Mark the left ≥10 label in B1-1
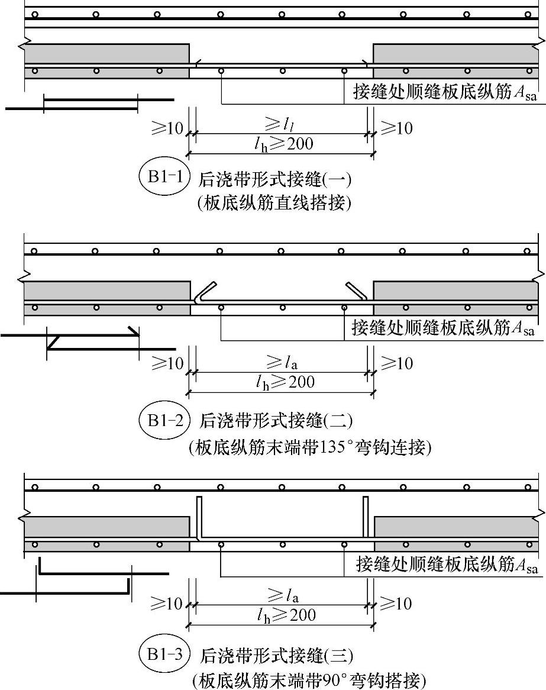click(167, 128)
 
